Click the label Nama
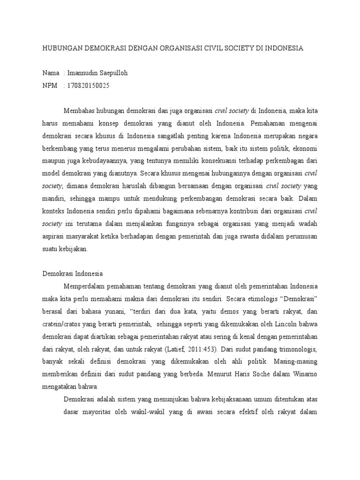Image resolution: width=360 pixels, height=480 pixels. pyautogui.click(x=51, y=73)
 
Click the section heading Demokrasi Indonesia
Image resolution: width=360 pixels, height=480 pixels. pyautogui.click(x=73, y=274)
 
